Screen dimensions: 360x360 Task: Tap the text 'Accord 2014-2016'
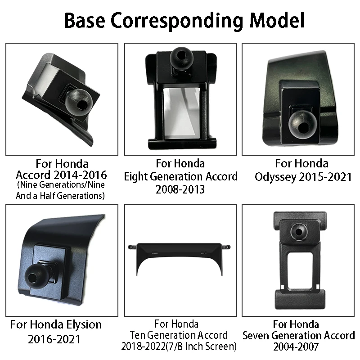coord(61,175)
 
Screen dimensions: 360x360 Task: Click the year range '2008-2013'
coord(180,189)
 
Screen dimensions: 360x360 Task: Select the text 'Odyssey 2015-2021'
coord(303,176)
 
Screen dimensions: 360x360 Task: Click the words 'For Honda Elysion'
coord(56,324)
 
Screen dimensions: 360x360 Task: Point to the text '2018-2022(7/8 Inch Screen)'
coord(179,346)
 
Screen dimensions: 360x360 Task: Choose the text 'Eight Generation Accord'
coord(180,176)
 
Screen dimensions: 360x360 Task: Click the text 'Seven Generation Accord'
coord(298,336)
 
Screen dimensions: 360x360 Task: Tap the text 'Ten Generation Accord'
coord(179,335)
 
